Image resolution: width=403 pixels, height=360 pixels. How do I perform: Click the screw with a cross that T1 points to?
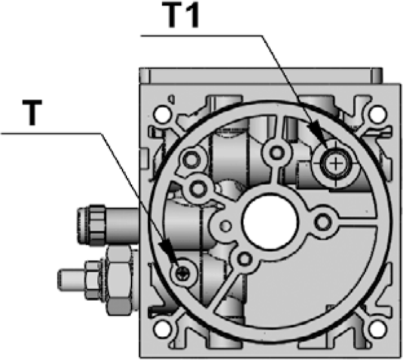pos(335,164)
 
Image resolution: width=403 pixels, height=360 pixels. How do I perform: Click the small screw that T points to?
pos(182,273)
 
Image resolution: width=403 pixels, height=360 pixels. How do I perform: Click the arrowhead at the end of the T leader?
pos(167,251)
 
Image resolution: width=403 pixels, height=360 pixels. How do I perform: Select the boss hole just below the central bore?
pos(244,259)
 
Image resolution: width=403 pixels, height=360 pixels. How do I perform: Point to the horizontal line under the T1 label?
pos(206,35)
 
